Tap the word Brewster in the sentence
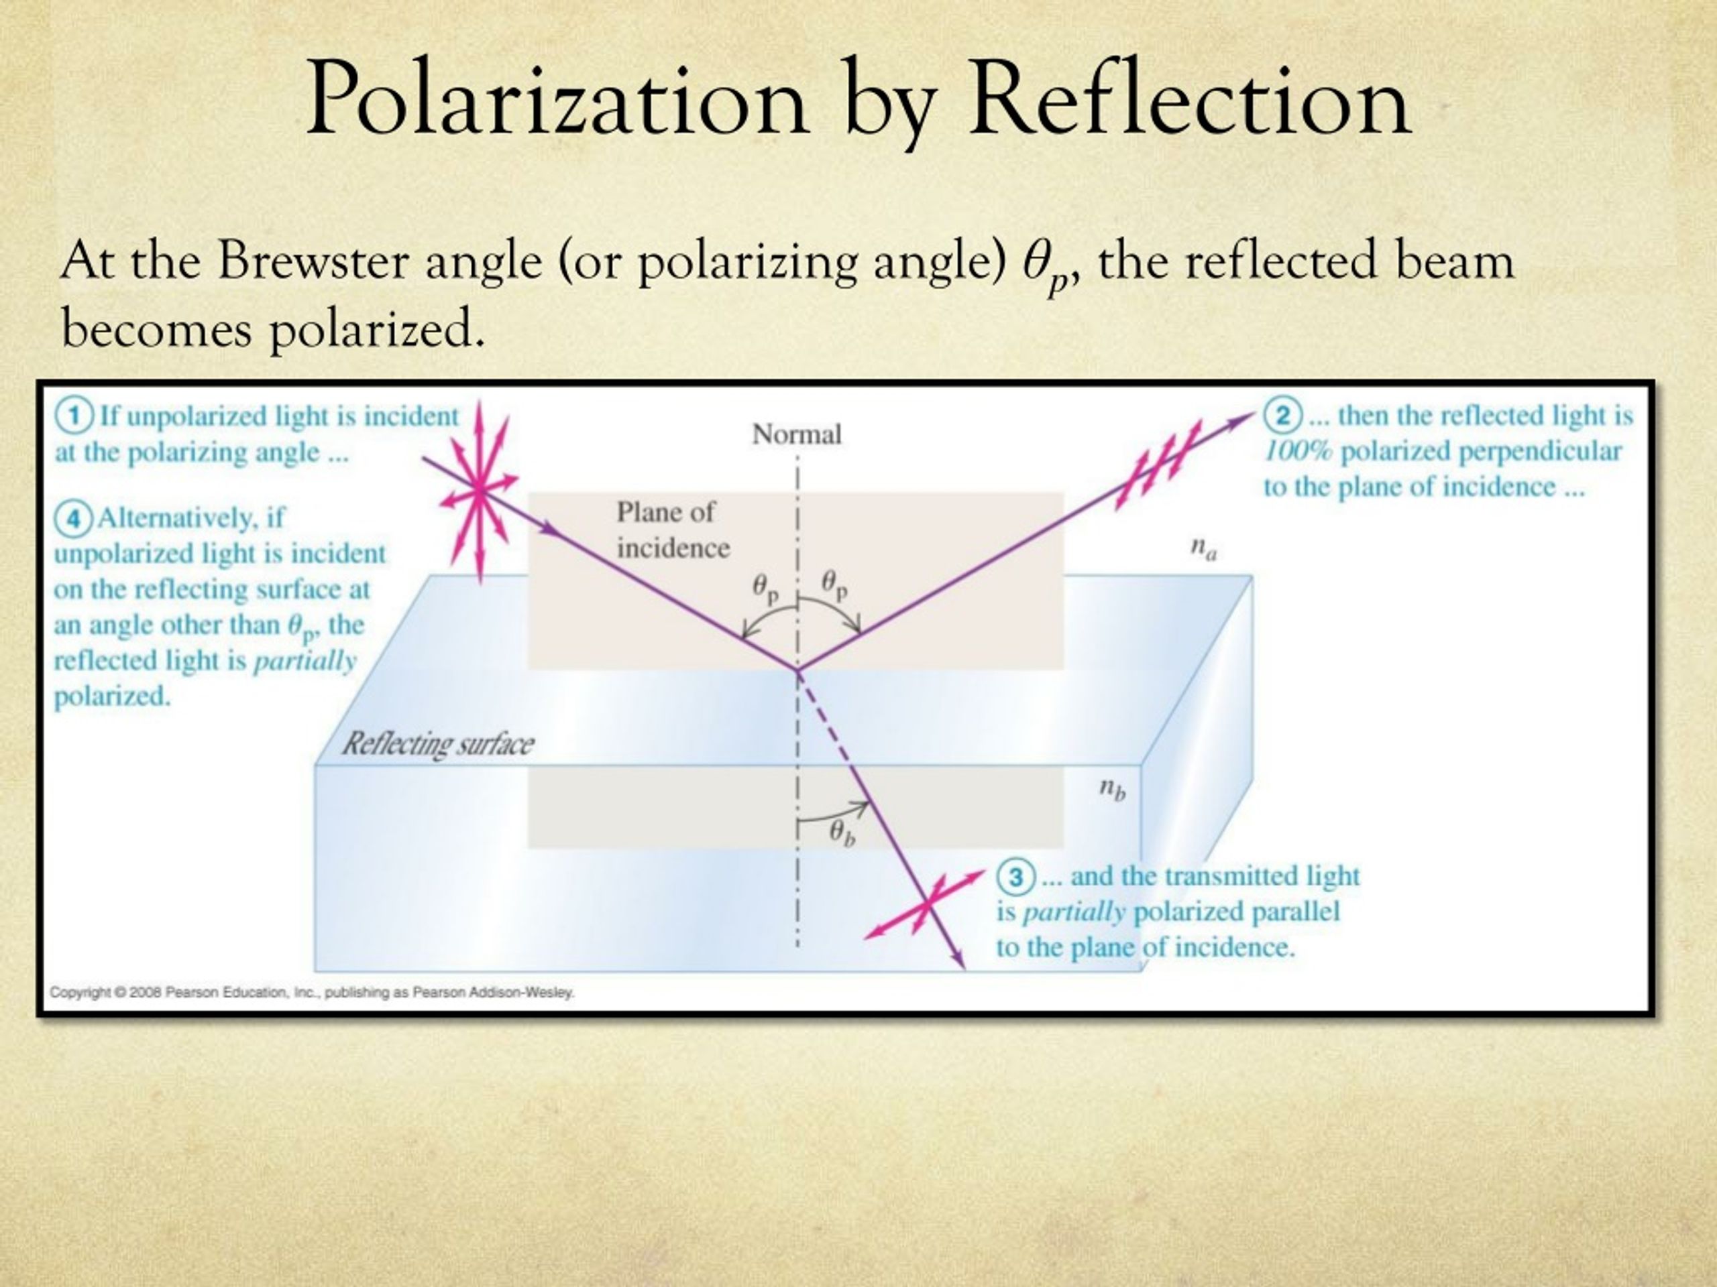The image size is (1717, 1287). click(313, 261)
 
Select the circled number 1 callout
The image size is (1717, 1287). click(74, 416)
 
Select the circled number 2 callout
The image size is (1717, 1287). click(1281, 416)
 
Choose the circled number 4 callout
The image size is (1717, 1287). click(73, 517)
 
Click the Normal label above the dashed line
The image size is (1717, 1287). click(796, 434)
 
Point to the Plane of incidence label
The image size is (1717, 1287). click(672, 530)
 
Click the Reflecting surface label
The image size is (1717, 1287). click(438, 744)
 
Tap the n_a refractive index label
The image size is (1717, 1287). click(1203, 548)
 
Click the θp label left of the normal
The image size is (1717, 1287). click(765, 587)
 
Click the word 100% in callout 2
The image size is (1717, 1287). click(1296, 452)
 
